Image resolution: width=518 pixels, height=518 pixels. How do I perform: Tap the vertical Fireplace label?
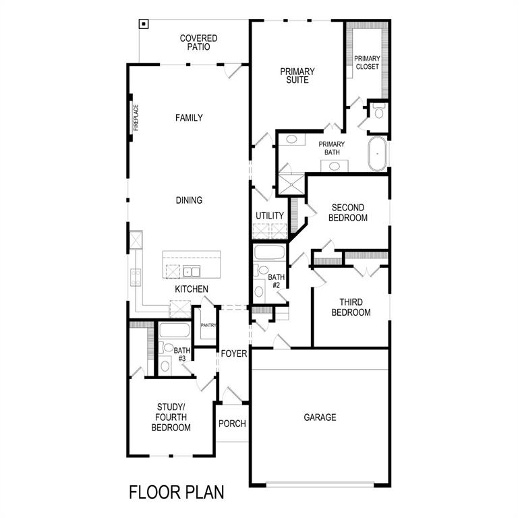click(x=136, y=117)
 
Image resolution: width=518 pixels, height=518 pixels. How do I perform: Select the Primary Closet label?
click(x=367, y=62)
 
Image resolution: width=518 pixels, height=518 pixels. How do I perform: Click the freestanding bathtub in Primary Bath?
click(x=377, y=154)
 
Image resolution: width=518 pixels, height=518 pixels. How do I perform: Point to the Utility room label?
click(x=270, y=216)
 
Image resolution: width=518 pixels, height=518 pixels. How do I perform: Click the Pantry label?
click(x=208, y=326)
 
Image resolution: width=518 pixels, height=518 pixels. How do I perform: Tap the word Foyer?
click(x=233, y=353)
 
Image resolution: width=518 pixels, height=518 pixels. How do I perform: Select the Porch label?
click(x=232, y=424)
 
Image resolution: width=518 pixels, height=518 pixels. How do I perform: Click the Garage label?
click(x=320, y=418)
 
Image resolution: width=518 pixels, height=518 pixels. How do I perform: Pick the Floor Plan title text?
click(x=176, y=492)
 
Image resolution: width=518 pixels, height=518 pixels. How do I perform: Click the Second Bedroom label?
click(x=349, y=212)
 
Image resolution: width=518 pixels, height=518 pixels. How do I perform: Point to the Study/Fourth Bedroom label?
click(x=171, y=417)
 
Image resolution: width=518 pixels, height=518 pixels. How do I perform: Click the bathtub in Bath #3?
click(x=175, y=330)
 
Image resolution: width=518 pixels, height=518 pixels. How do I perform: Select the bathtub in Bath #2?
click(x=269, y=254)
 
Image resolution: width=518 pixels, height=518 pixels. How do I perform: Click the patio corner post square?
click(x=144, y=25)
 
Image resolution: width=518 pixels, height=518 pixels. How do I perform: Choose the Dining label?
click(x=189, y=200)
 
